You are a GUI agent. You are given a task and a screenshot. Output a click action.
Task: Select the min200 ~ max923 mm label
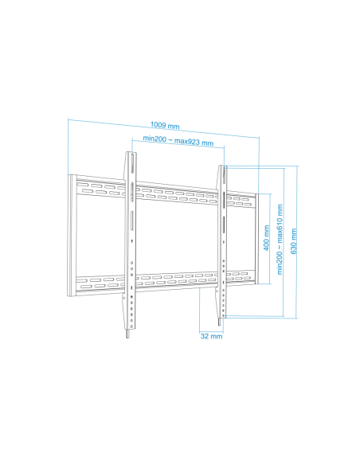tap(178, 141)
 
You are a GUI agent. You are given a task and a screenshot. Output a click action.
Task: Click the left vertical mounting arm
tap(129, 239)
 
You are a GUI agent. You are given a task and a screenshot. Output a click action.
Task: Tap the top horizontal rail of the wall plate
tap(175, 192)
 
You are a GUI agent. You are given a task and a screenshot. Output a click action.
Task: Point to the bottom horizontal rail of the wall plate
tap(175, 280)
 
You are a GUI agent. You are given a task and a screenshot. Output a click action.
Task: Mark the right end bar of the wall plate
tap(254, 239)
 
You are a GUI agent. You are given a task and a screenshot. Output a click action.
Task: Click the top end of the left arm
tap(130, 153)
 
